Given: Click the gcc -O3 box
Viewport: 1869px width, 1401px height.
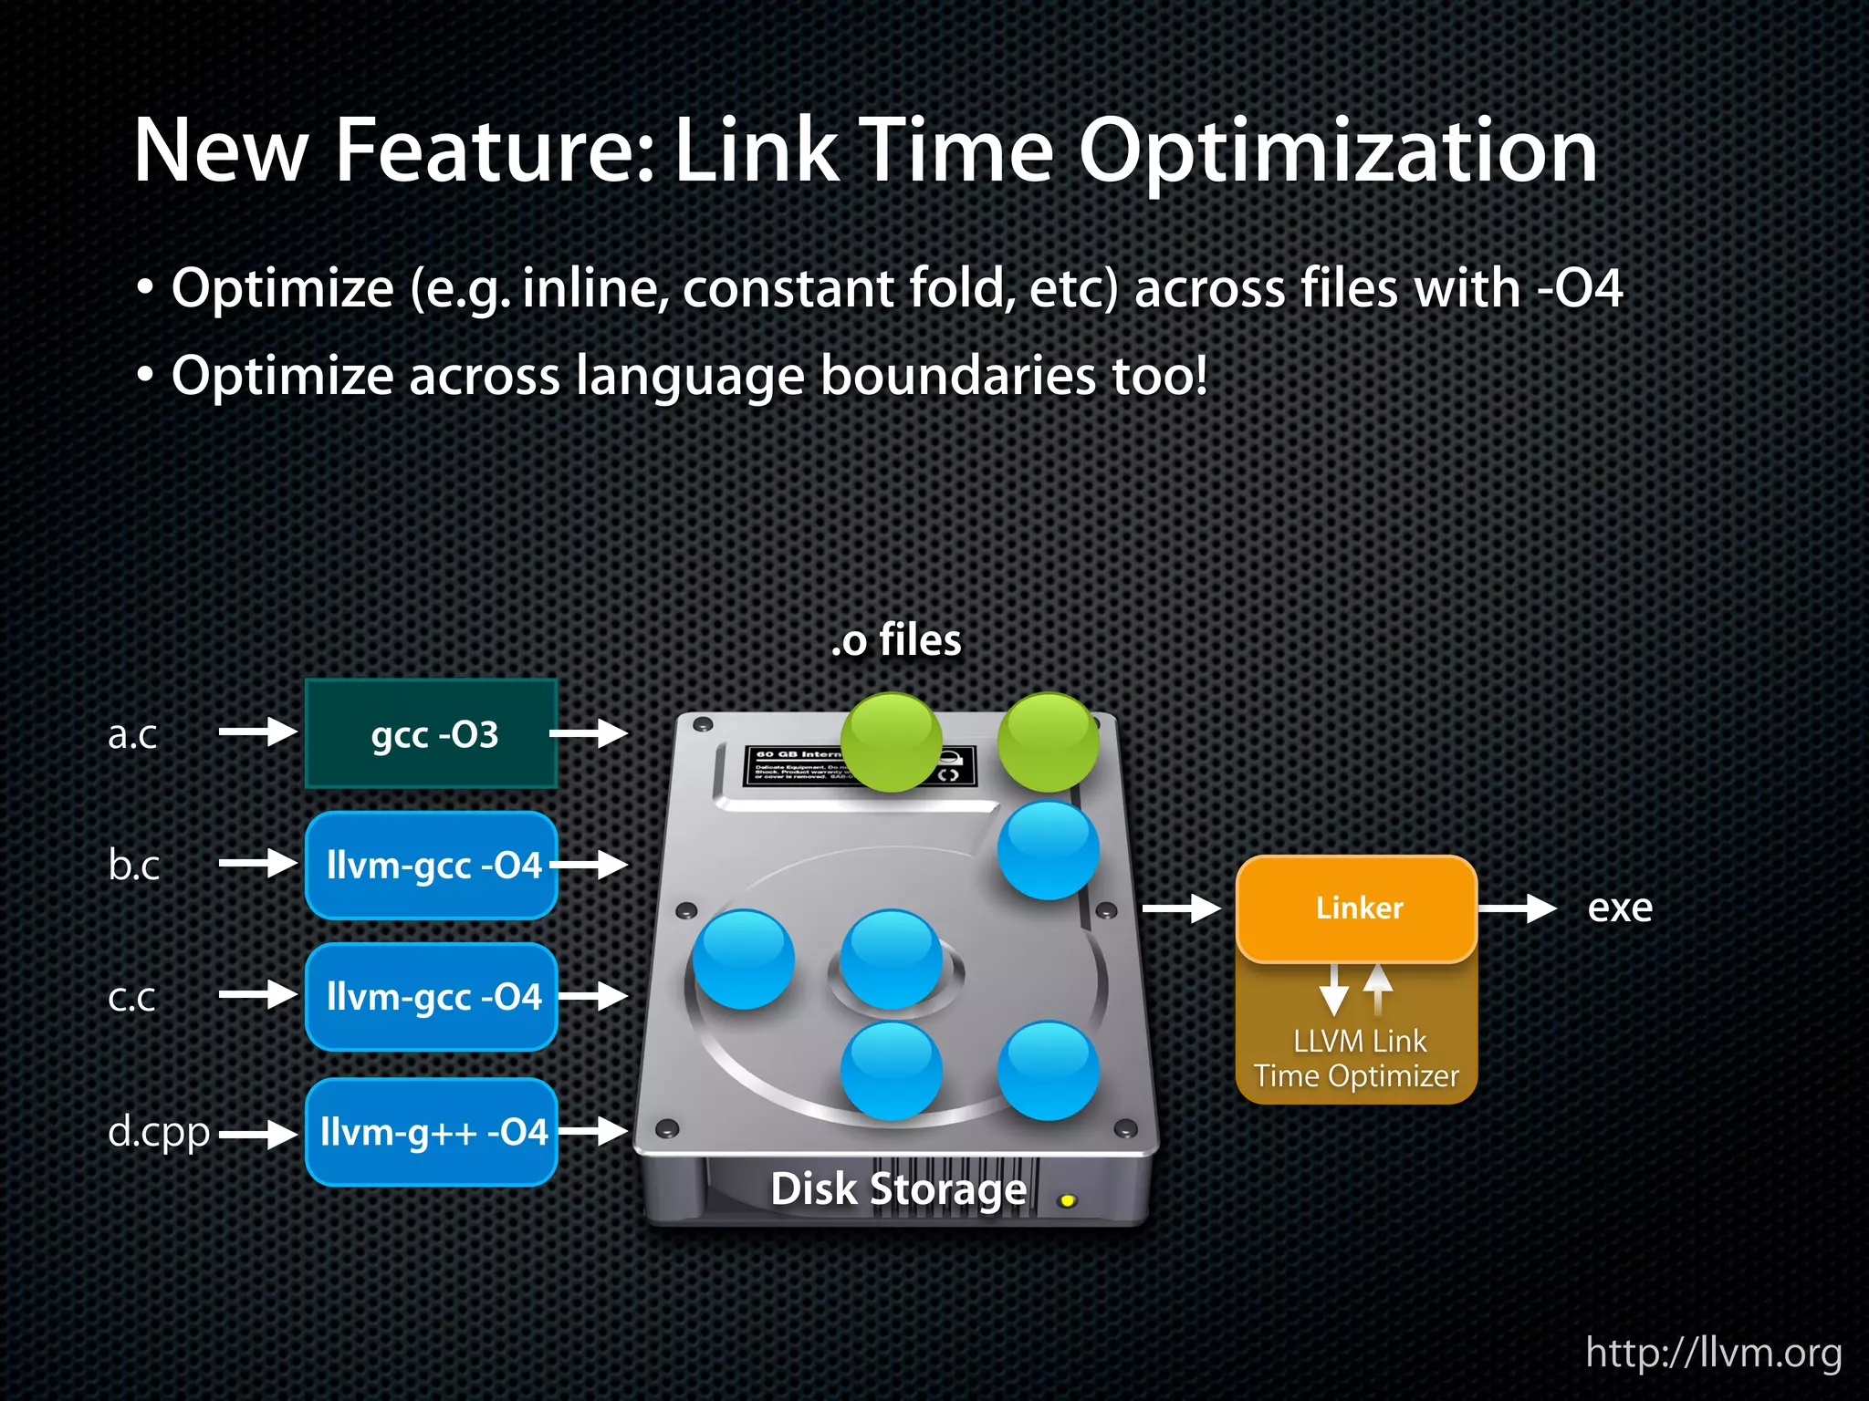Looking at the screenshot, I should pos(432,733).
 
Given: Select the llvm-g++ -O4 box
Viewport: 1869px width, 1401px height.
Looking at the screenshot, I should pos(432,1132).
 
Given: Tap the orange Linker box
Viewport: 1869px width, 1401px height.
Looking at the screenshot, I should pos(1357,908).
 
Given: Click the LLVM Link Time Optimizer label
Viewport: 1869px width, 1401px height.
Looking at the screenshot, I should pos(1357,1058).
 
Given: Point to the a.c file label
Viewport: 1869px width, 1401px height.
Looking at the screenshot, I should pos(132,734).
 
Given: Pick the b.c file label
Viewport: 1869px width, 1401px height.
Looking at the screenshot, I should pos(133,865).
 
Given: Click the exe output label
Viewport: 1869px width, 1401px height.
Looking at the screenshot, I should pos(1620,908).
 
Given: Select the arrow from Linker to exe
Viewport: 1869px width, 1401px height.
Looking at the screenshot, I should pos(1517,908).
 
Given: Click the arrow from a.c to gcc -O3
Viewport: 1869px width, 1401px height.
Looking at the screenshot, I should pos(258,732).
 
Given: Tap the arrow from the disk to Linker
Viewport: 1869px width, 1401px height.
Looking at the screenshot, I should pos(1182,908).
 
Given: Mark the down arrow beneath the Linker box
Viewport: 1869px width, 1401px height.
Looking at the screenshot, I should pos(1334,990).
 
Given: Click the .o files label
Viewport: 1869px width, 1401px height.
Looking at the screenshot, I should pos(896,640).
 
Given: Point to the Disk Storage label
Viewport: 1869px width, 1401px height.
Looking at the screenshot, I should pos(899,1189).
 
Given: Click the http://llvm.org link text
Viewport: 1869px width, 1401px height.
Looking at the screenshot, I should pos(1714,1352).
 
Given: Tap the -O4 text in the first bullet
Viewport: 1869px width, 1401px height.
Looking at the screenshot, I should pos(1581,288).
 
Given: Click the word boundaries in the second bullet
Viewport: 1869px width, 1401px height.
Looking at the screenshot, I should pos(958,376).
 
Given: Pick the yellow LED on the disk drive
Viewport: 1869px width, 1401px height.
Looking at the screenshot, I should pos(1067,1201).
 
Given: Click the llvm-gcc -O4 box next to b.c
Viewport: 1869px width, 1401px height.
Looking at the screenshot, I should pos(432,865).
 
